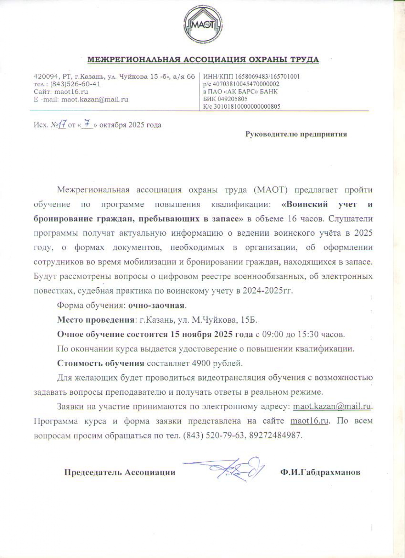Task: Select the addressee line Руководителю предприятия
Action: point(296,134)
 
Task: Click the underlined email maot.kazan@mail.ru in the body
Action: point(332,407)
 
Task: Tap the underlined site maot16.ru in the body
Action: point(309,421)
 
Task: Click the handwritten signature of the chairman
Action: point(232,469)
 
